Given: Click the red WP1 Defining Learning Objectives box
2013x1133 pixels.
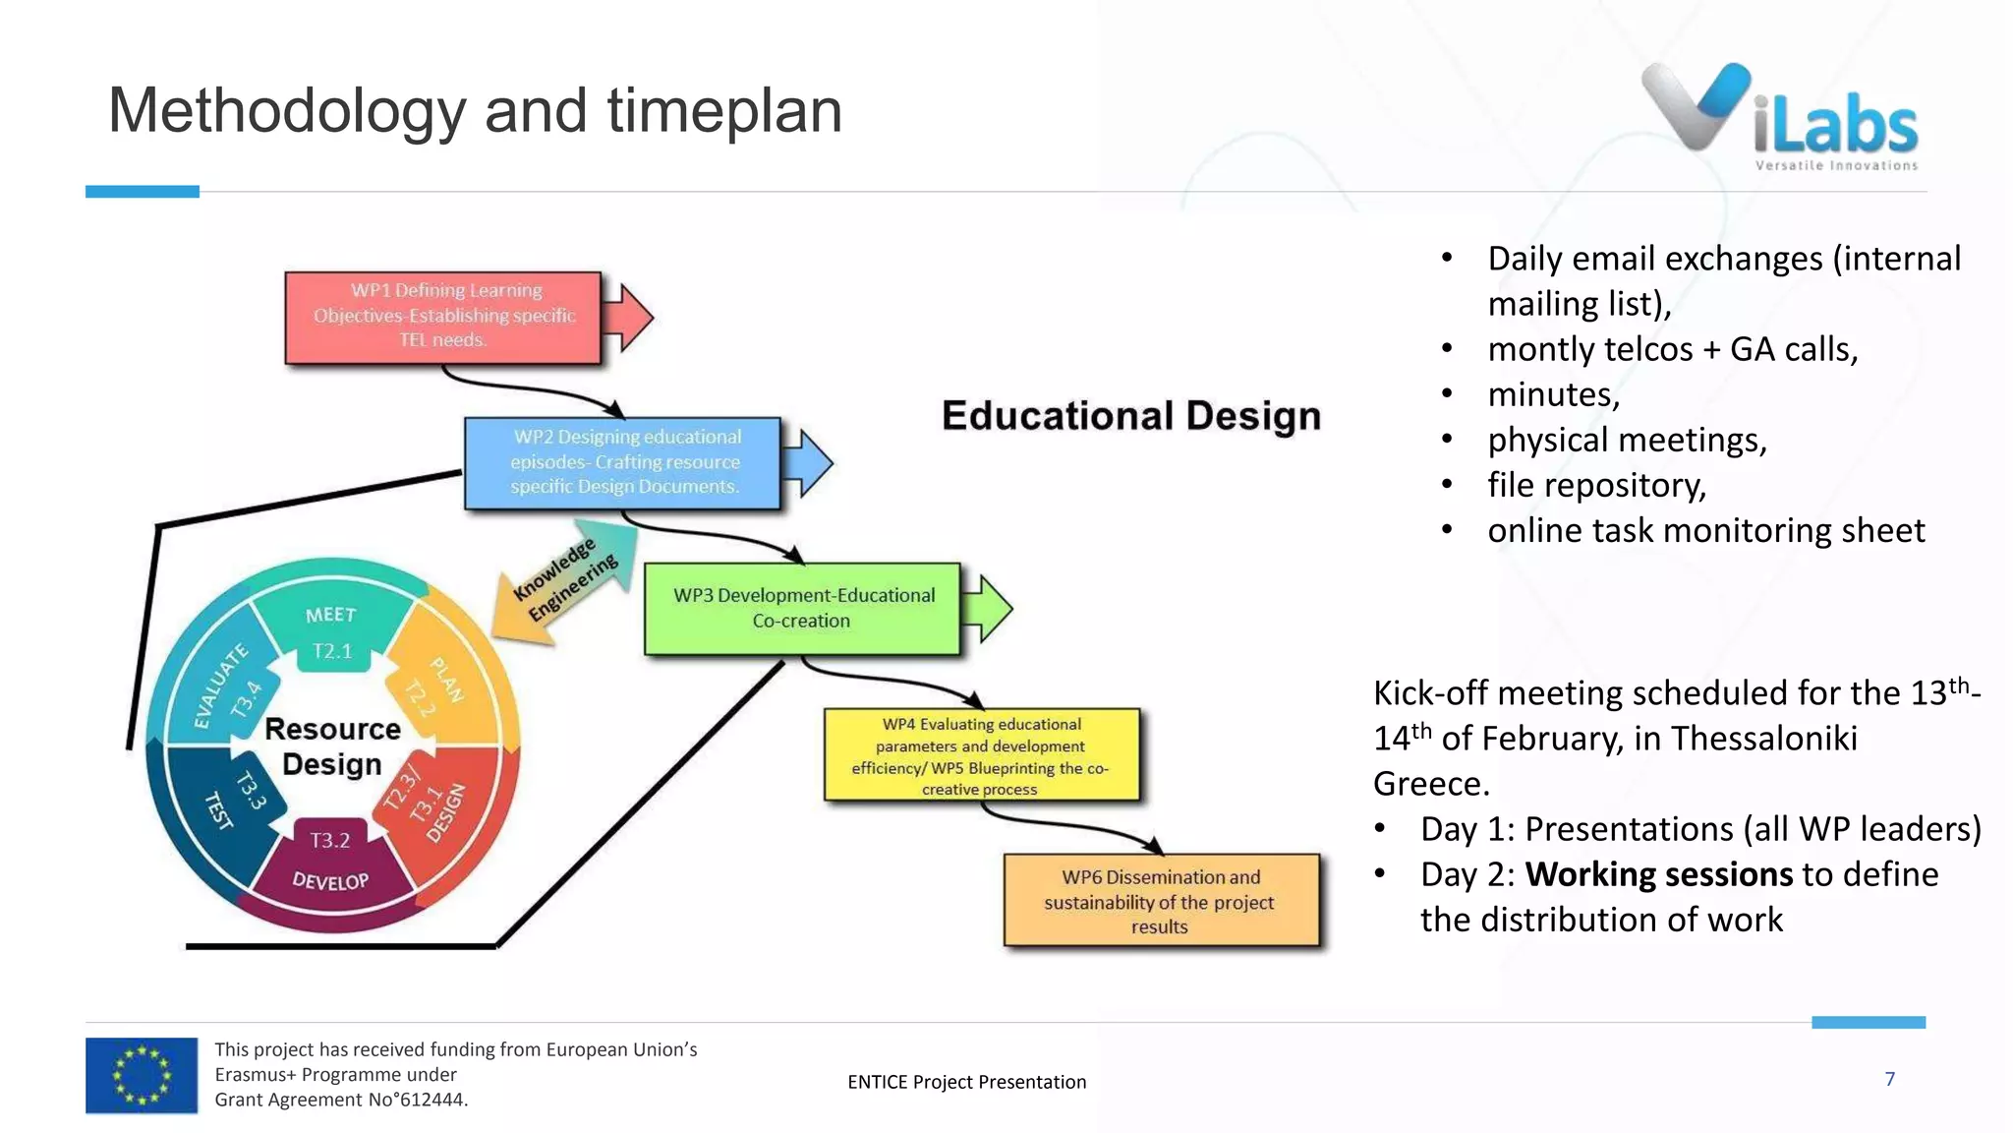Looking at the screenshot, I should pyautogui.click(x=442, y=317).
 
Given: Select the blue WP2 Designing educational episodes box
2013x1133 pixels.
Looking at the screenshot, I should pyautogui.click(x=623, y=462).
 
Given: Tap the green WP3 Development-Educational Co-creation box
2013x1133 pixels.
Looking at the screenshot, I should pyautogui.click(x=802, y=608).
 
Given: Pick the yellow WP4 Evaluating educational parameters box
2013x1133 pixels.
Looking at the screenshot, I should pyautogui.click(x=981, y=755).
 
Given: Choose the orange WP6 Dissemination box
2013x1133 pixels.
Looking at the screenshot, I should pyautogui.click(x=1160, y=901).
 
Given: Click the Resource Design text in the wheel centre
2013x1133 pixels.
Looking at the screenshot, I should pyautogui.click(x=332, y=746).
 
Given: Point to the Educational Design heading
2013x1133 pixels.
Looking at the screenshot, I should pyautogui.click(x=1130, y=415).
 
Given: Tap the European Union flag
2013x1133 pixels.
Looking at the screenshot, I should pyautogui.click(x=142, y=1075).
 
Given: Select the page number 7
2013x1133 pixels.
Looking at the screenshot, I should pyautogui.click(x=1889, y=1079).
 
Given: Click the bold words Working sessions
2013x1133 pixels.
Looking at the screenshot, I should pyautogui.click(x=1658, y=874).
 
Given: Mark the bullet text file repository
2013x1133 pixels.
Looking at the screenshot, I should pyautogui.click(x=1596, y=485).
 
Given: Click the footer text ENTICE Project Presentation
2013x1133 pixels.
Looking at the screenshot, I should pyautogui.click(x=966, y=1082).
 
